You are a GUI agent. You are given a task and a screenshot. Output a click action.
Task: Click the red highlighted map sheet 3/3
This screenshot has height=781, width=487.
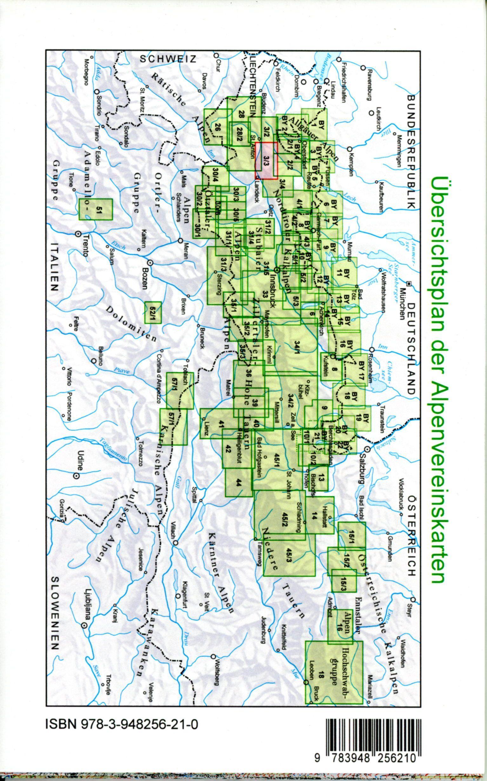click(x=266, y=160)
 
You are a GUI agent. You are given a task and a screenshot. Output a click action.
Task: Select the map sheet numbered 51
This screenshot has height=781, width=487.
click(x=96, y=210)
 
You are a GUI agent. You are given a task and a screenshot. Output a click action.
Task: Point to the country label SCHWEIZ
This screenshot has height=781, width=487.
click(x=168, y=59)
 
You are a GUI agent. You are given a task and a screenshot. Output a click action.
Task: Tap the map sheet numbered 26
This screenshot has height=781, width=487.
click(x=217, y=127)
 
